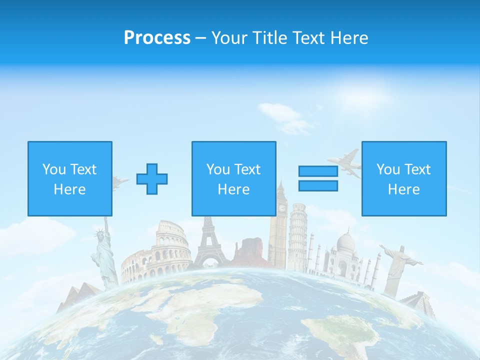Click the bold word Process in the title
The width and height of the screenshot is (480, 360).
(157, 38)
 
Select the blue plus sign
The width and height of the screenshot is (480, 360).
(152, 179)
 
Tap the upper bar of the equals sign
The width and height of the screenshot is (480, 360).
(318, 171)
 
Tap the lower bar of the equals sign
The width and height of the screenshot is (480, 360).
(318, 186)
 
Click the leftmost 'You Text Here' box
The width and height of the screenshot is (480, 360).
(70, 179)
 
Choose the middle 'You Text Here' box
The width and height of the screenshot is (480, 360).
(233, 179)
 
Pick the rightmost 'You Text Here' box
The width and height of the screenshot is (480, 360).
(404, 179)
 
